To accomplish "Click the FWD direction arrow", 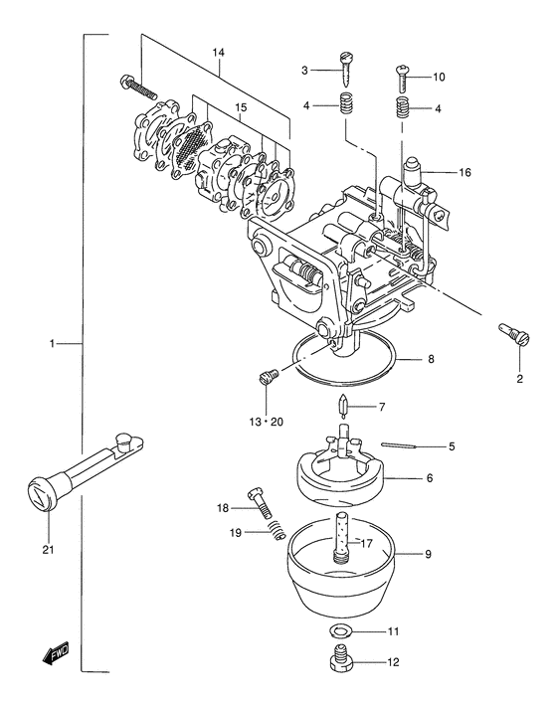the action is coord(56,652).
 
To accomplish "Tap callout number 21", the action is coord(48,549).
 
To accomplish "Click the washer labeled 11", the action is coord(340,631).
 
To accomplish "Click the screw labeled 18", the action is coord(259,501).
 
